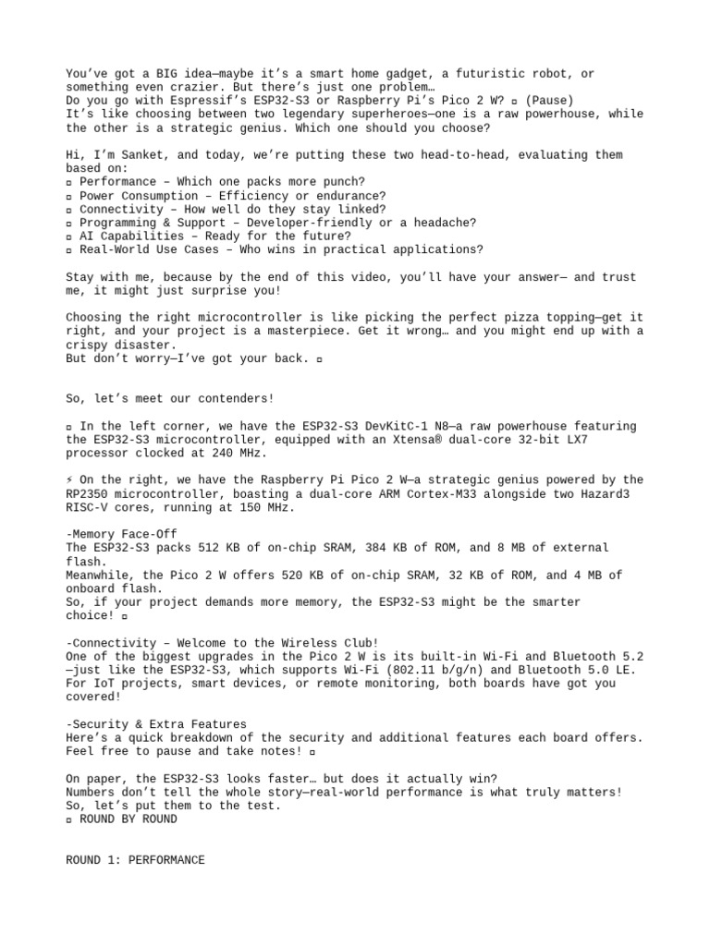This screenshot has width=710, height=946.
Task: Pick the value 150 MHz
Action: coord(266,507)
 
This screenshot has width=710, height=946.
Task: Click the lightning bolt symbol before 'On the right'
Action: coord(70,480)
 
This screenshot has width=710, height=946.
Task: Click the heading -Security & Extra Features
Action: coord(156,724)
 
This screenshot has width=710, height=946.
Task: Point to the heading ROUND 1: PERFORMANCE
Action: coord(135,860)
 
